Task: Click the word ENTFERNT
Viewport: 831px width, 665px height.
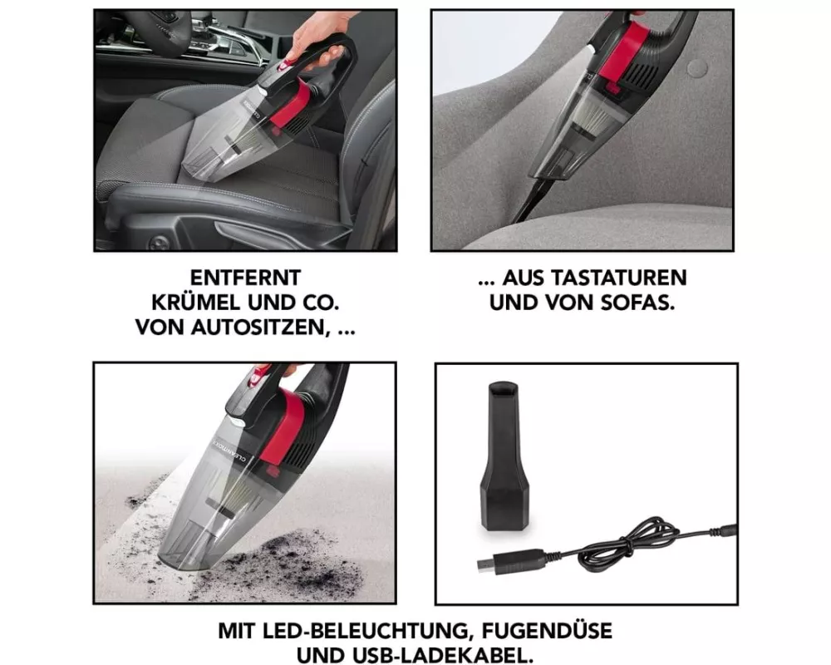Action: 245,278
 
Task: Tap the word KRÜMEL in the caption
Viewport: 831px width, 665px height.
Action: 195,303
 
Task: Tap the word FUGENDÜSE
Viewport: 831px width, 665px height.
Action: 546,631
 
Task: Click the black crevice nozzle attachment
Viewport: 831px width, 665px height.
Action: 504,456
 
